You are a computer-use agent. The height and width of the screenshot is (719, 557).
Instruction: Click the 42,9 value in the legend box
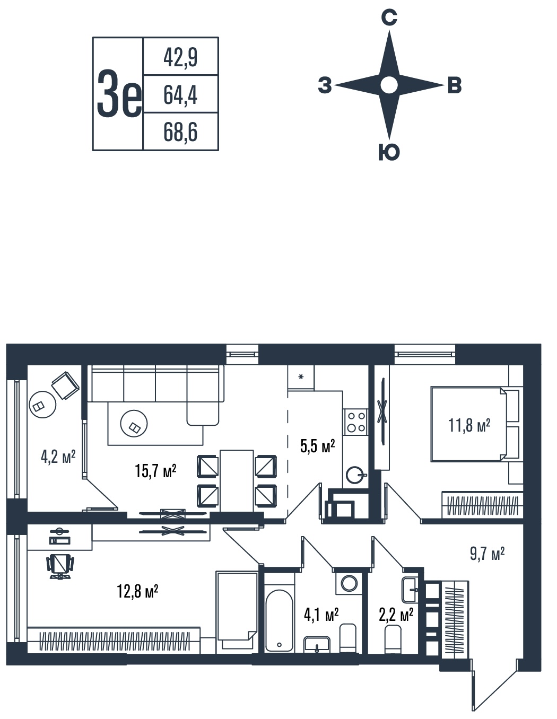(180, 57)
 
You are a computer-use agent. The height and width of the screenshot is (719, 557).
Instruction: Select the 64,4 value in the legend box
(180, 95)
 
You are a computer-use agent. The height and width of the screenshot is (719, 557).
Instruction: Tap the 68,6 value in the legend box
(180, 132)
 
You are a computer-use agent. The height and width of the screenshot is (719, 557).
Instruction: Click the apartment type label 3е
(119, 94)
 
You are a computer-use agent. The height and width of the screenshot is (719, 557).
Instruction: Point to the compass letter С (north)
(389, 17)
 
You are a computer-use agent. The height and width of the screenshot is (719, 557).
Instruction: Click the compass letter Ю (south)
(389, 153)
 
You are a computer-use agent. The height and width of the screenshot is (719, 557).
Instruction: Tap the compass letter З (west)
(325, 85)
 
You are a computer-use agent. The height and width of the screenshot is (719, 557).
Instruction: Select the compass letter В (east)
(455, 85)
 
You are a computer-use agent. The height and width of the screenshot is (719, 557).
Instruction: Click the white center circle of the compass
(389, 85)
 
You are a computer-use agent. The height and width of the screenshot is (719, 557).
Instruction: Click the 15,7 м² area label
(155, 471)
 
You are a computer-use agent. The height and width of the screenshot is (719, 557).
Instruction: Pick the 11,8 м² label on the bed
(469, 425)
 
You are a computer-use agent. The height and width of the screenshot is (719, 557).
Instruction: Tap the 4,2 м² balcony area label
(58, 457)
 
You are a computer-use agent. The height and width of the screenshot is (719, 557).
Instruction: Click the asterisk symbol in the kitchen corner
(301, 376)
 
